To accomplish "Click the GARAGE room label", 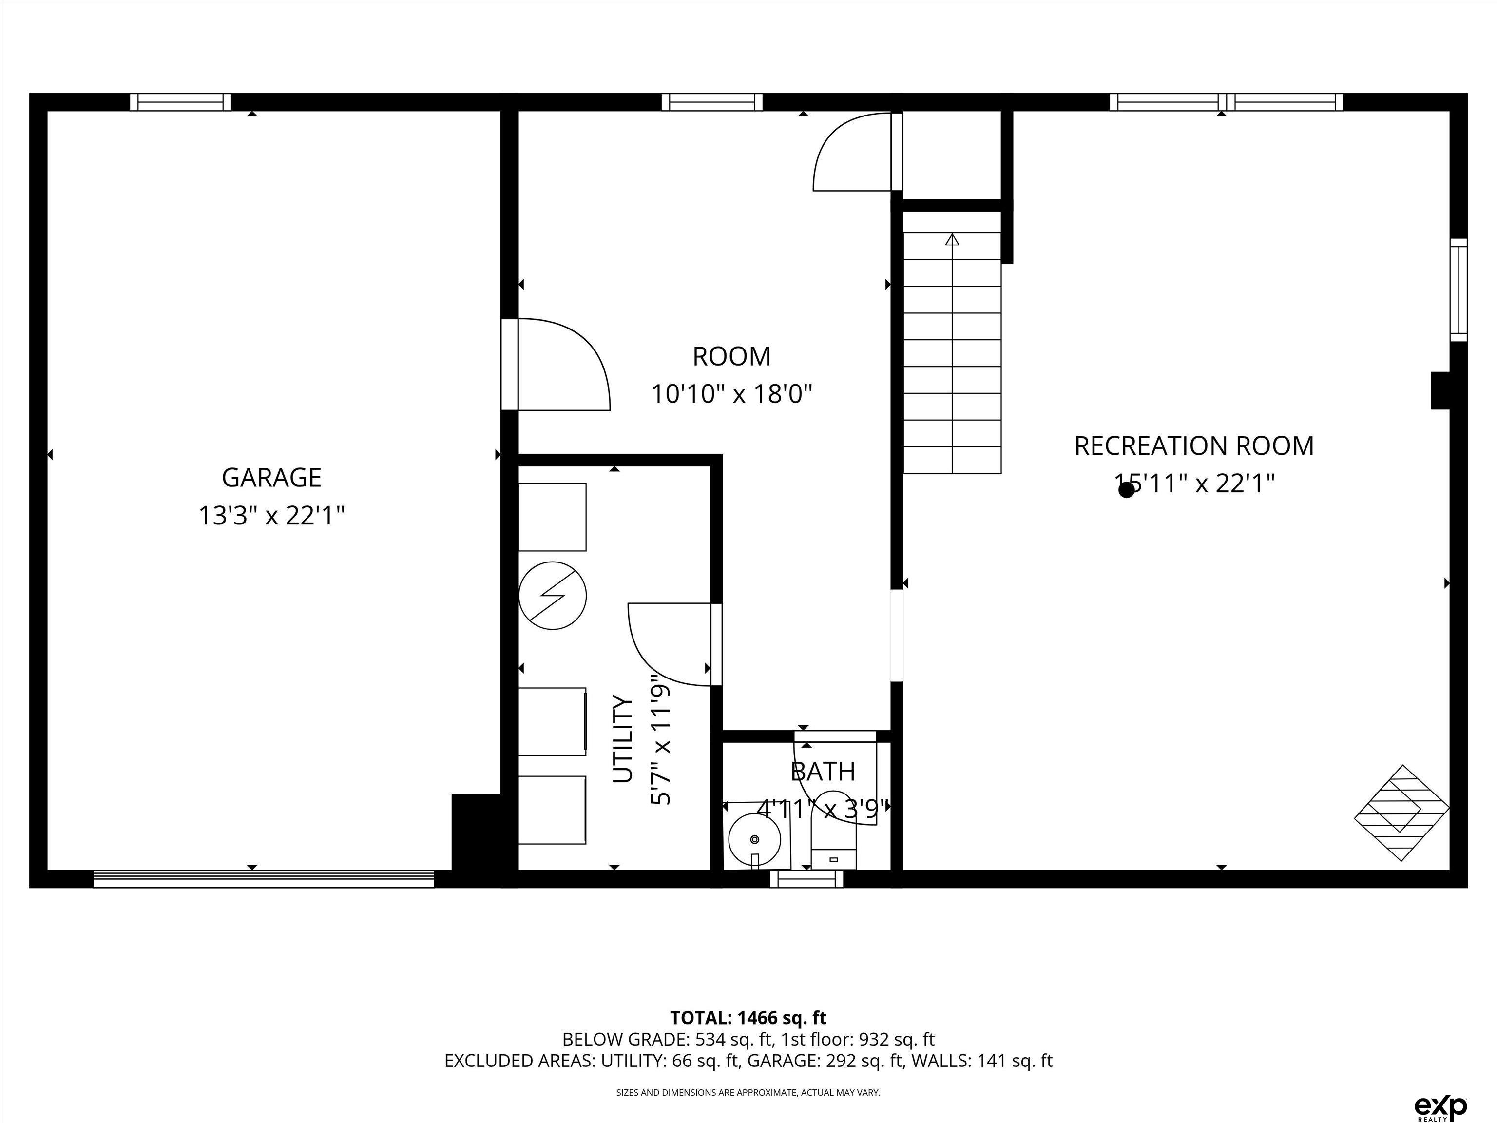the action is point(271,478).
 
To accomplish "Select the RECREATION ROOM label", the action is point(1194,446).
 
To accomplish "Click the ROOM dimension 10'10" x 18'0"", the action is point(731,393).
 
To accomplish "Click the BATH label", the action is point(823,772).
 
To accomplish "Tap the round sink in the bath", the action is point(754,840).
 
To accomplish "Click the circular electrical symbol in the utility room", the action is point(552,596).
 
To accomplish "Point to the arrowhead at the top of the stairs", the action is point(952,239).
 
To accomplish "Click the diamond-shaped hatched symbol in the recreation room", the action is point(1401,813).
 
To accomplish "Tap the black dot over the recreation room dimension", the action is point(1126,490).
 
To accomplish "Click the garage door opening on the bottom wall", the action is point(264,879).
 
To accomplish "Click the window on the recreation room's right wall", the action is point(1459,290).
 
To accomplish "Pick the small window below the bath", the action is point(806,879).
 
